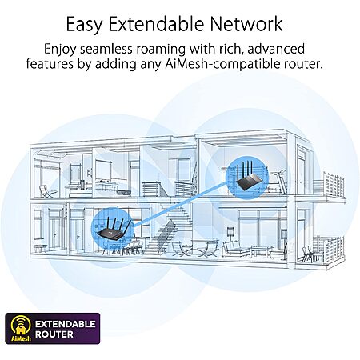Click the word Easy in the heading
point(84,25)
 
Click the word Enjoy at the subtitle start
point(60,50)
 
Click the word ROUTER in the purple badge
point(54,334)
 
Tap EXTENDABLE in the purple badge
point(66,324)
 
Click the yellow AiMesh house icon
point(21,328)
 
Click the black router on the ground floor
point(114,227)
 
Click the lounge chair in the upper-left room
point(48,191)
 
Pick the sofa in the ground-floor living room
point(236,249)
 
